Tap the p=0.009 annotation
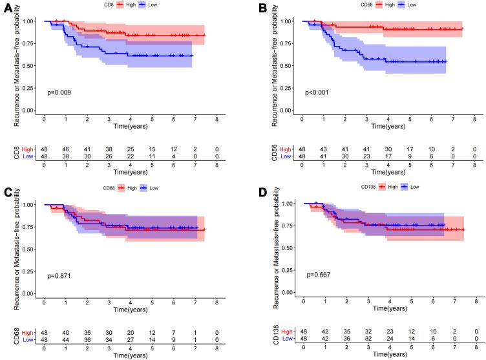pyautogui.click(x=59, y=93)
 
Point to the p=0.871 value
pyautogui.click(x=59, y=276)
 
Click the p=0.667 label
pyautogui.click(x=320, y=275)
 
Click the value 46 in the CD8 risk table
pyautogui.click(x=65, y=150)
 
